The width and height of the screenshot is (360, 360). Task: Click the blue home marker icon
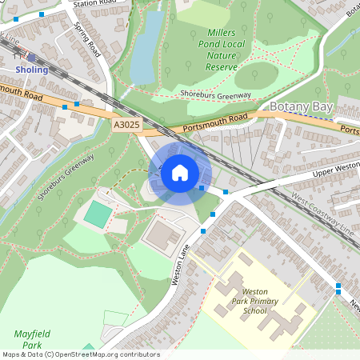[180, 172]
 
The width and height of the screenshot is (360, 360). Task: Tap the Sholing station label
[32, 70]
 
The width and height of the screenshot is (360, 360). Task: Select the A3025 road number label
[126, 125]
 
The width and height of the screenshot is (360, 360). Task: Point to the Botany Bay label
[300, 106]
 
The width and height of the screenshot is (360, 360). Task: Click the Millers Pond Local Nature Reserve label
[211, 50]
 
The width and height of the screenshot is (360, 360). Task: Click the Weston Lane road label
[182, 265]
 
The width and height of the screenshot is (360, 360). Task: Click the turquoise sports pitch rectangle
[98, 214]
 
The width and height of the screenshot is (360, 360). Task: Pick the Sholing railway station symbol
[31, 57]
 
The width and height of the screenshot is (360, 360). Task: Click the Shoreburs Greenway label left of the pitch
[65, 176]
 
